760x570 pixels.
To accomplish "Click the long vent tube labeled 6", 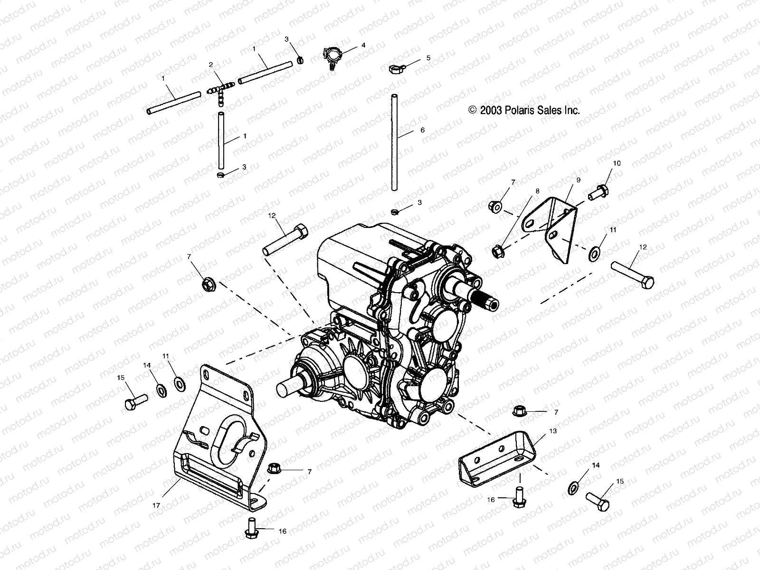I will coord(394,142).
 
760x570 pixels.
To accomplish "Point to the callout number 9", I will coord(579,180).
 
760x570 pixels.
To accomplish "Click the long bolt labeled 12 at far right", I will coord(633,275).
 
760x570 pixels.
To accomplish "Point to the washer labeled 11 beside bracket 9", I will coord(594,254).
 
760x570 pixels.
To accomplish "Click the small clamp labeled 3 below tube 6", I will coord(394,210).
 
